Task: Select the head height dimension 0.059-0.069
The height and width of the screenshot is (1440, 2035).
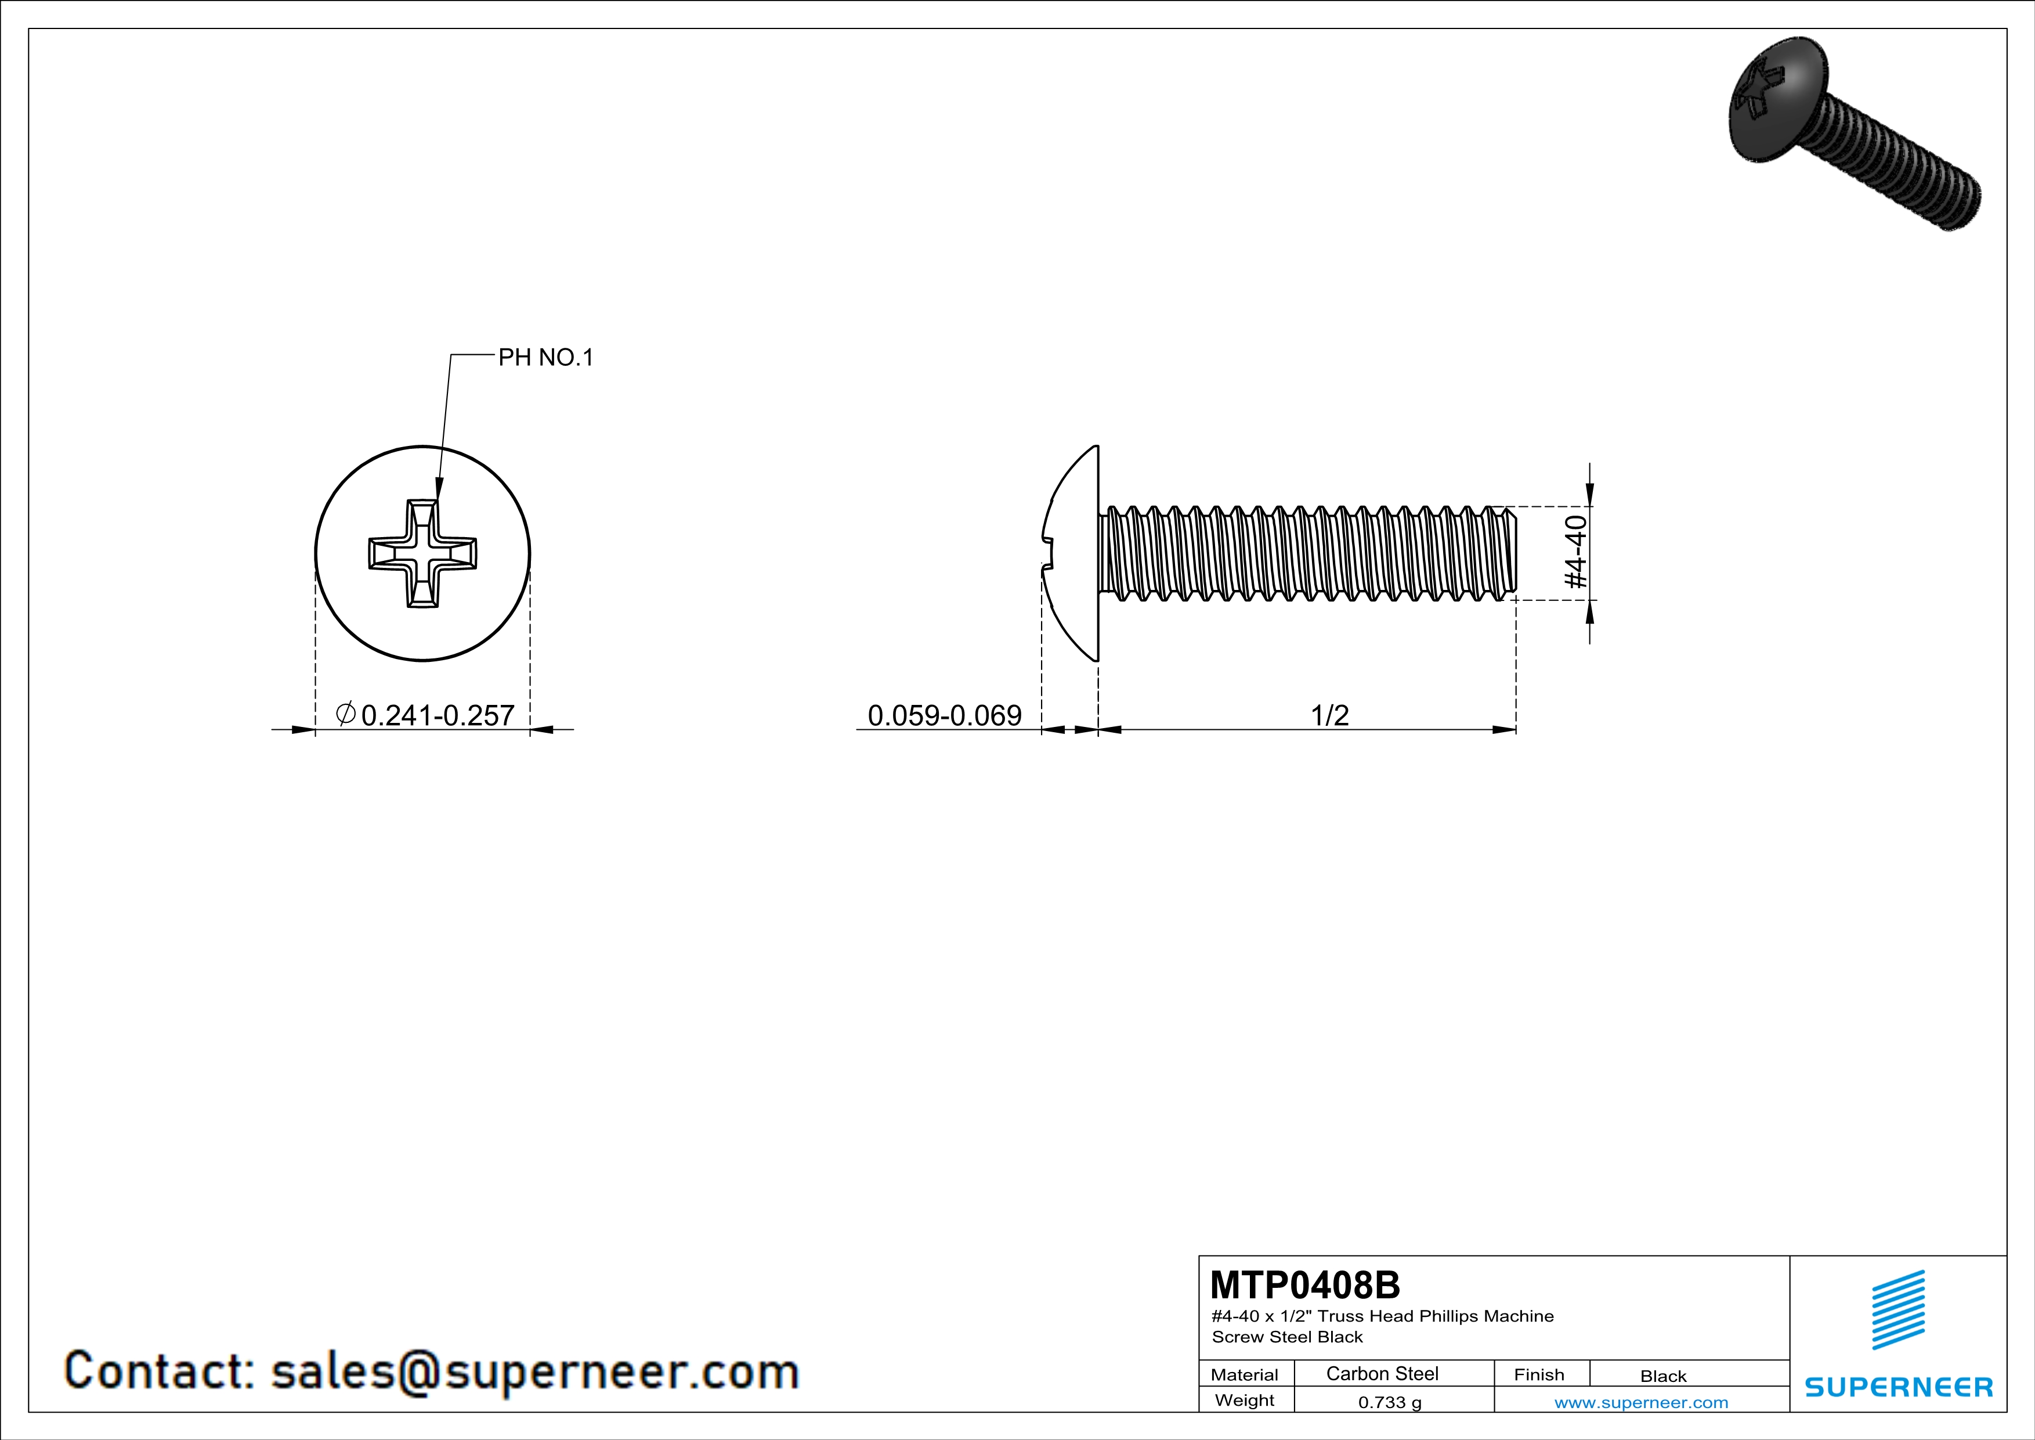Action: coord(944,715)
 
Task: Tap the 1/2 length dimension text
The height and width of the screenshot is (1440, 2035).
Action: coord(1329,715)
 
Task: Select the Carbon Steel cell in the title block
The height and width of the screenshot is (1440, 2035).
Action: coord(1382,1373)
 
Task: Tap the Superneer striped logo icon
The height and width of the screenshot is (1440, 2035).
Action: coord(1897,1310)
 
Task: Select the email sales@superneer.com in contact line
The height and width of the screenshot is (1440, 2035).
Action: coord(534,1371)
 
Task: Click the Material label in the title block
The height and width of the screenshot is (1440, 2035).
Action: coord(1245,1374)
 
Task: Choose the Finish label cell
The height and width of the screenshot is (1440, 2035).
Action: coord(1539,1374)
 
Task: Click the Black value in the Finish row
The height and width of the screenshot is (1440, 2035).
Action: coord(1662,1376)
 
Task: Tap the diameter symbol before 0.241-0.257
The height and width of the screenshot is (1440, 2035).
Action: coord(346,713)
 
